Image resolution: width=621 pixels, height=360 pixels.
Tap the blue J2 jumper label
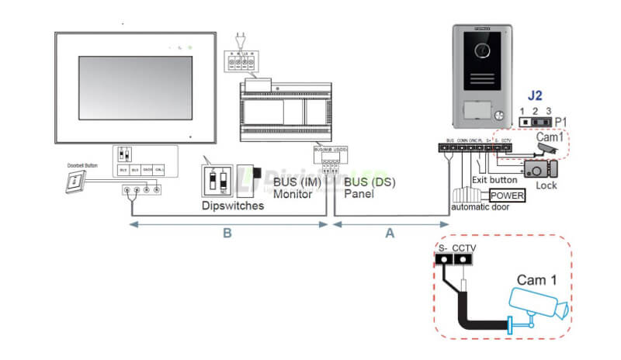point(535,96)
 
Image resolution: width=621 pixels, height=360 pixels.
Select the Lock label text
point(546,186)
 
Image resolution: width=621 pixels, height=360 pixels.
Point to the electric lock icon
point(536,168)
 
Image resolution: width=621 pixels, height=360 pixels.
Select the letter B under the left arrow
point(227,234)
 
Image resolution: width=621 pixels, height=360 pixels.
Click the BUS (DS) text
point(360,182)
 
